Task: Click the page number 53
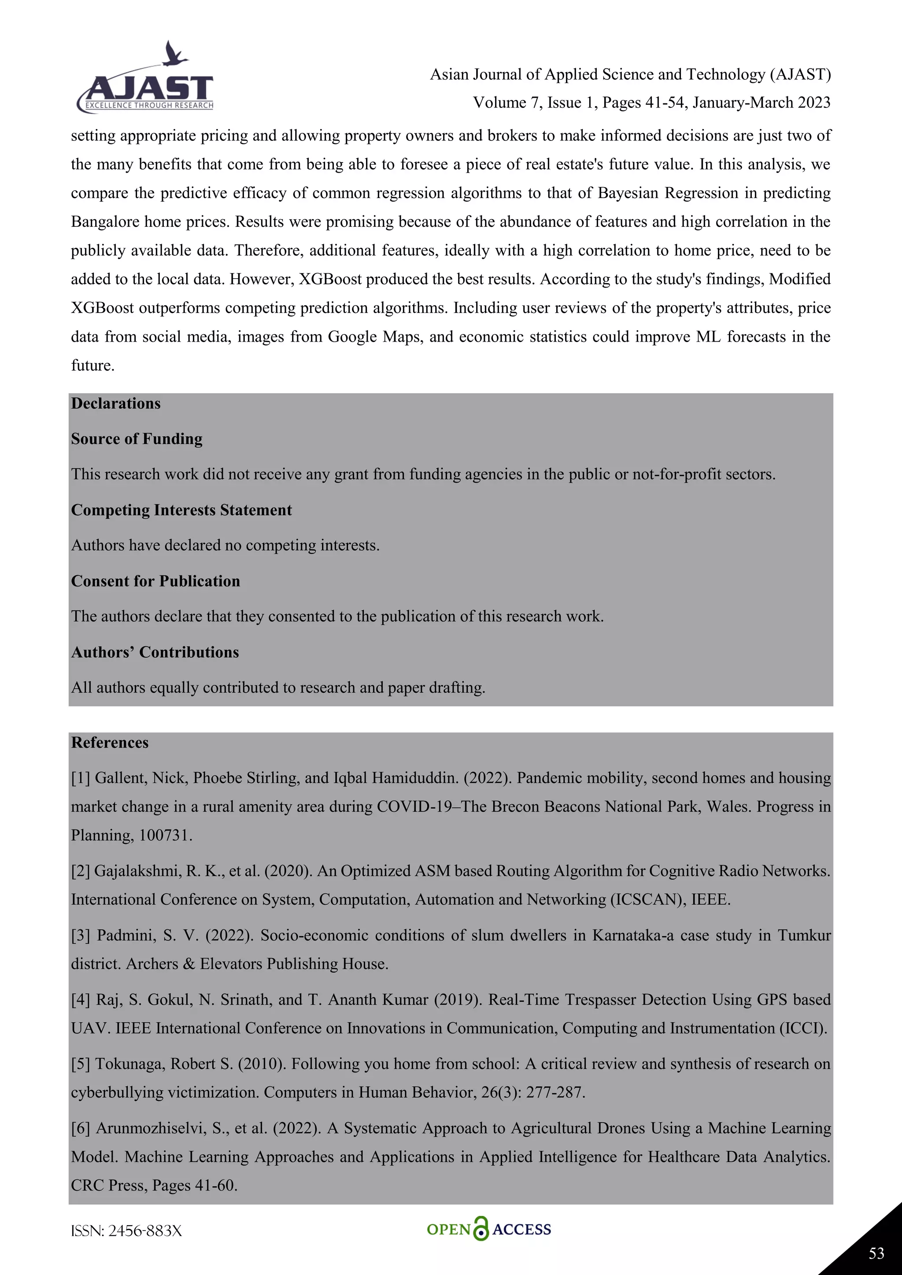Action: click(876, 1253)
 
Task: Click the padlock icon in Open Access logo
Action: click(481, 1229)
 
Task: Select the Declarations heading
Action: click(115, 404)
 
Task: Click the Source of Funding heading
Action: click(137, 439)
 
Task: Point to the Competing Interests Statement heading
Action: click(181, 510)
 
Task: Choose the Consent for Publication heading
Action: click(155, 582)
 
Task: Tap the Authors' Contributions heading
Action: click(155, 652)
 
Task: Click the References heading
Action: click(110, 743)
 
